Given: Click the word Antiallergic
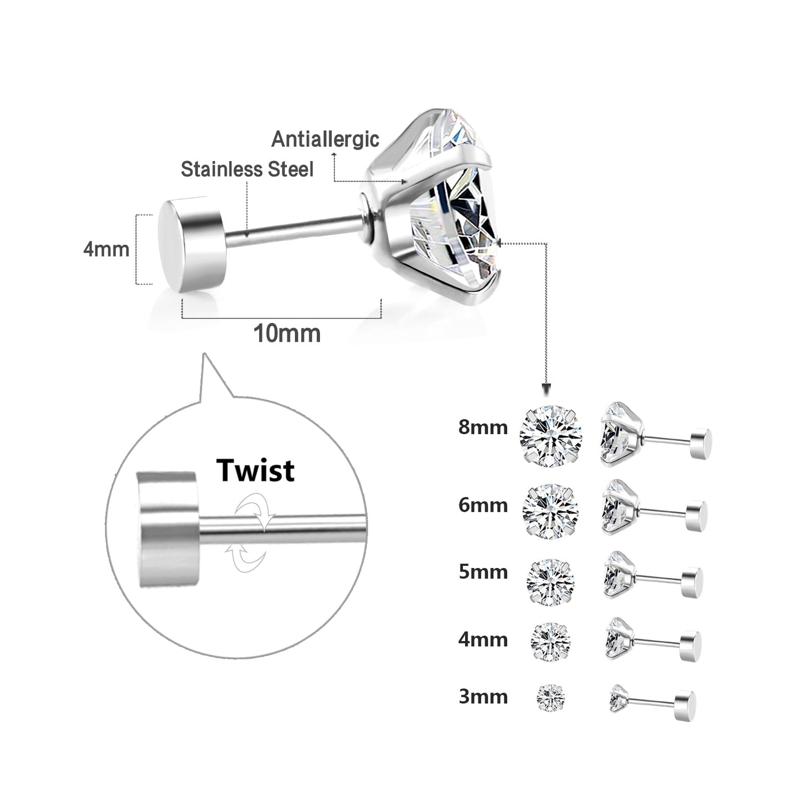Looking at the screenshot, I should [325, 139].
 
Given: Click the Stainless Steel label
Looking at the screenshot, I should [247, 169].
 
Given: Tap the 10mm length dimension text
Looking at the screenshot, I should [287, 334].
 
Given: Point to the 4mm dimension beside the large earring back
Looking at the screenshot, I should [106, 249].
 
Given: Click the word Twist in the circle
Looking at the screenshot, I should [256, 470].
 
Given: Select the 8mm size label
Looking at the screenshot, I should [483, 427].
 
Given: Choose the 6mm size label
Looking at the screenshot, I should [483, 505].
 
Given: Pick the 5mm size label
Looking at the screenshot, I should [483, 571].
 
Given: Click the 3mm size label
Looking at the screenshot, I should [483, 696].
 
